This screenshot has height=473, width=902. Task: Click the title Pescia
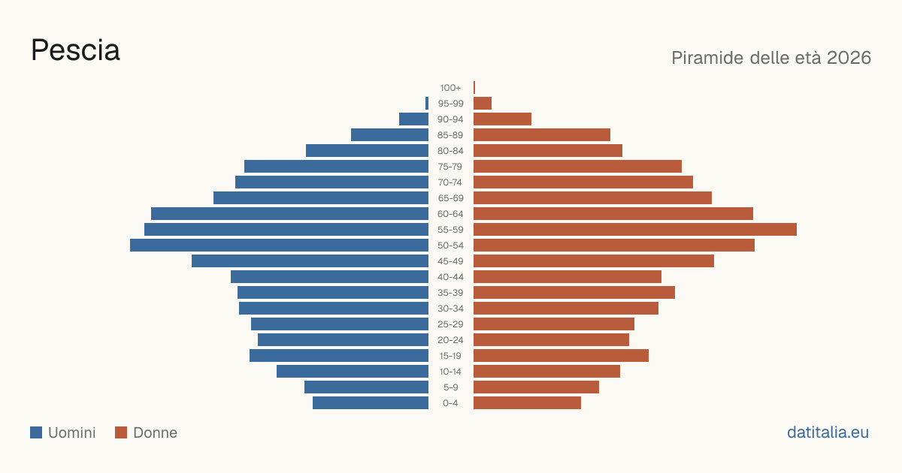(75, 50)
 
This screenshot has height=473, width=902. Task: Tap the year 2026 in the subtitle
(849, 58)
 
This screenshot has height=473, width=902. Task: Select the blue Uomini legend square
(36, 432)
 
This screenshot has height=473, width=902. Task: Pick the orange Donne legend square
(121, 432)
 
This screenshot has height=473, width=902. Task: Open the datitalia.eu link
(828, 432)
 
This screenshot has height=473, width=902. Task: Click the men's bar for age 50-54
(279, 246)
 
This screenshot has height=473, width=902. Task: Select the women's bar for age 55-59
(635, 230)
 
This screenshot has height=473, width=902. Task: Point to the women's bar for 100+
(474, 88)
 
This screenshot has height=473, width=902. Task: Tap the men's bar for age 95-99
(427, 104)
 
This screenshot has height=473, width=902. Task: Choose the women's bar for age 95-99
(483, 104)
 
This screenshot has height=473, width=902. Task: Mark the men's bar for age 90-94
(413, 119)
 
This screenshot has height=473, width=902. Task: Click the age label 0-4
(450, 403)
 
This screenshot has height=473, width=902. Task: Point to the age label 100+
(450, 88)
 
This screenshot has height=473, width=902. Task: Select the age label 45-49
(450, 261)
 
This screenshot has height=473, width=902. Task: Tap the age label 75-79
(450, 167)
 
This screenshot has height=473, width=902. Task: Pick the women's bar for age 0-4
(527, 403)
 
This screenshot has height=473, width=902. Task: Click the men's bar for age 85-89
(390, 134)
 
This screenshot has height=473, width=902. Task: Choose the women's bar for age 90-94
(503, 119)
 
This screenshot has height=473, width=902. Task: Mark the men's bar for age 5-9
(367, 387)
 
